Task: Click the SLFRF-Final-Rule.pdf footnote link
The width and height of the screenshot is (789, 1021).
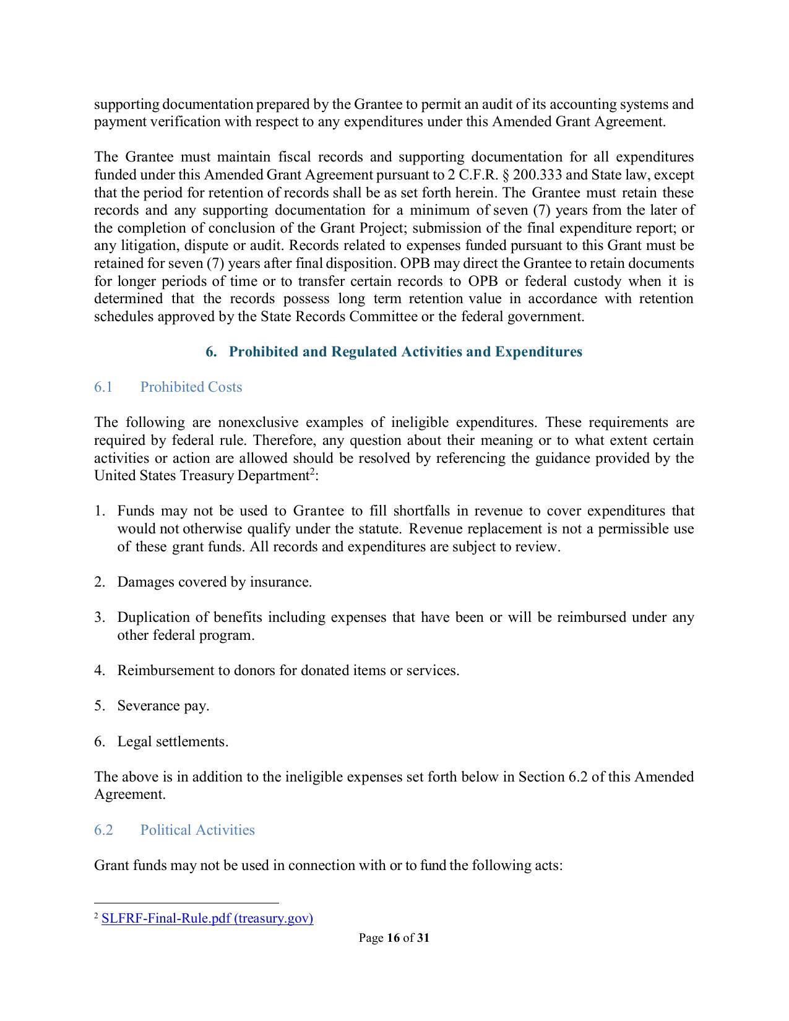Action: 207,918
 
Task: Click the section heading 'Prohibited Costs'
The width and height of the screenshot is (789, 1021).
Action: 191,387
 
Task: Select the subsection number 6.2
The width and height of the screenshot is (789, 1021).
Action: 103,830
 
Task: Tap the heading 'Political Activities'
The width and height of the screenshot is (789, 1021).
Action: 197,830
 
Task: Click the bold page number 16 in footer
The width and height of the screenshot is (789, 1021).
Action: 393,938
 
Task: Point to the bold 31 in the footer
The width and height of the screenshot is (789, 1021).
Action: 423,938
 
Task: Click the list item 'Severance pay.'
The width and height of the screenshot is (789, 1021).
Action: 163,706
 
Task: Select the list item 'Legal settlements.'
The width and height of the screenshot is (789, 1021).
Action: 173,742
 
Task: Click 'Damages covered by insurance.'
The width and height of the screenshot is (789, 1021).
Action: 214,583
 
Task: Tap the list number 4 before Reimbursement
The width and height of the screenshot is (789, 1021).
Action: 99,671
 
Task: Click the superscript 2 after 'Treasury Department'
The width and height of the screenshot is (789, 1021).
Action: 313,472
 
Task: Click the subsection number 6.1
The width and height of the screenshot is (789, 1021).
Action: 103,387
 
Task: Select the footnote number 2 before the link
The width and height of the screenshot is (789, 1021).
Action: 97,916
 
